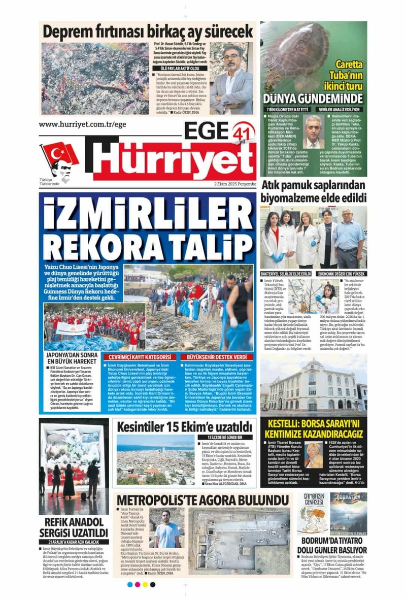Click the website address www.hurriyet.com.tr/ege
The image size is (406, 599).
point(82,125)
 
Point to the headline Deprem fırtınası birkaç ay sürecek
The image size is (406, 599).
point(148,31)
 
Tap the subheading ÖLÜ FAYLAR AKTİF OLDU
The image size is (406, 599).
point(177,68)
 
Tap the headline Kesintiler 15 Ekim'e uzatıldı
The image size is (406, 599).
point(185,426)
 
